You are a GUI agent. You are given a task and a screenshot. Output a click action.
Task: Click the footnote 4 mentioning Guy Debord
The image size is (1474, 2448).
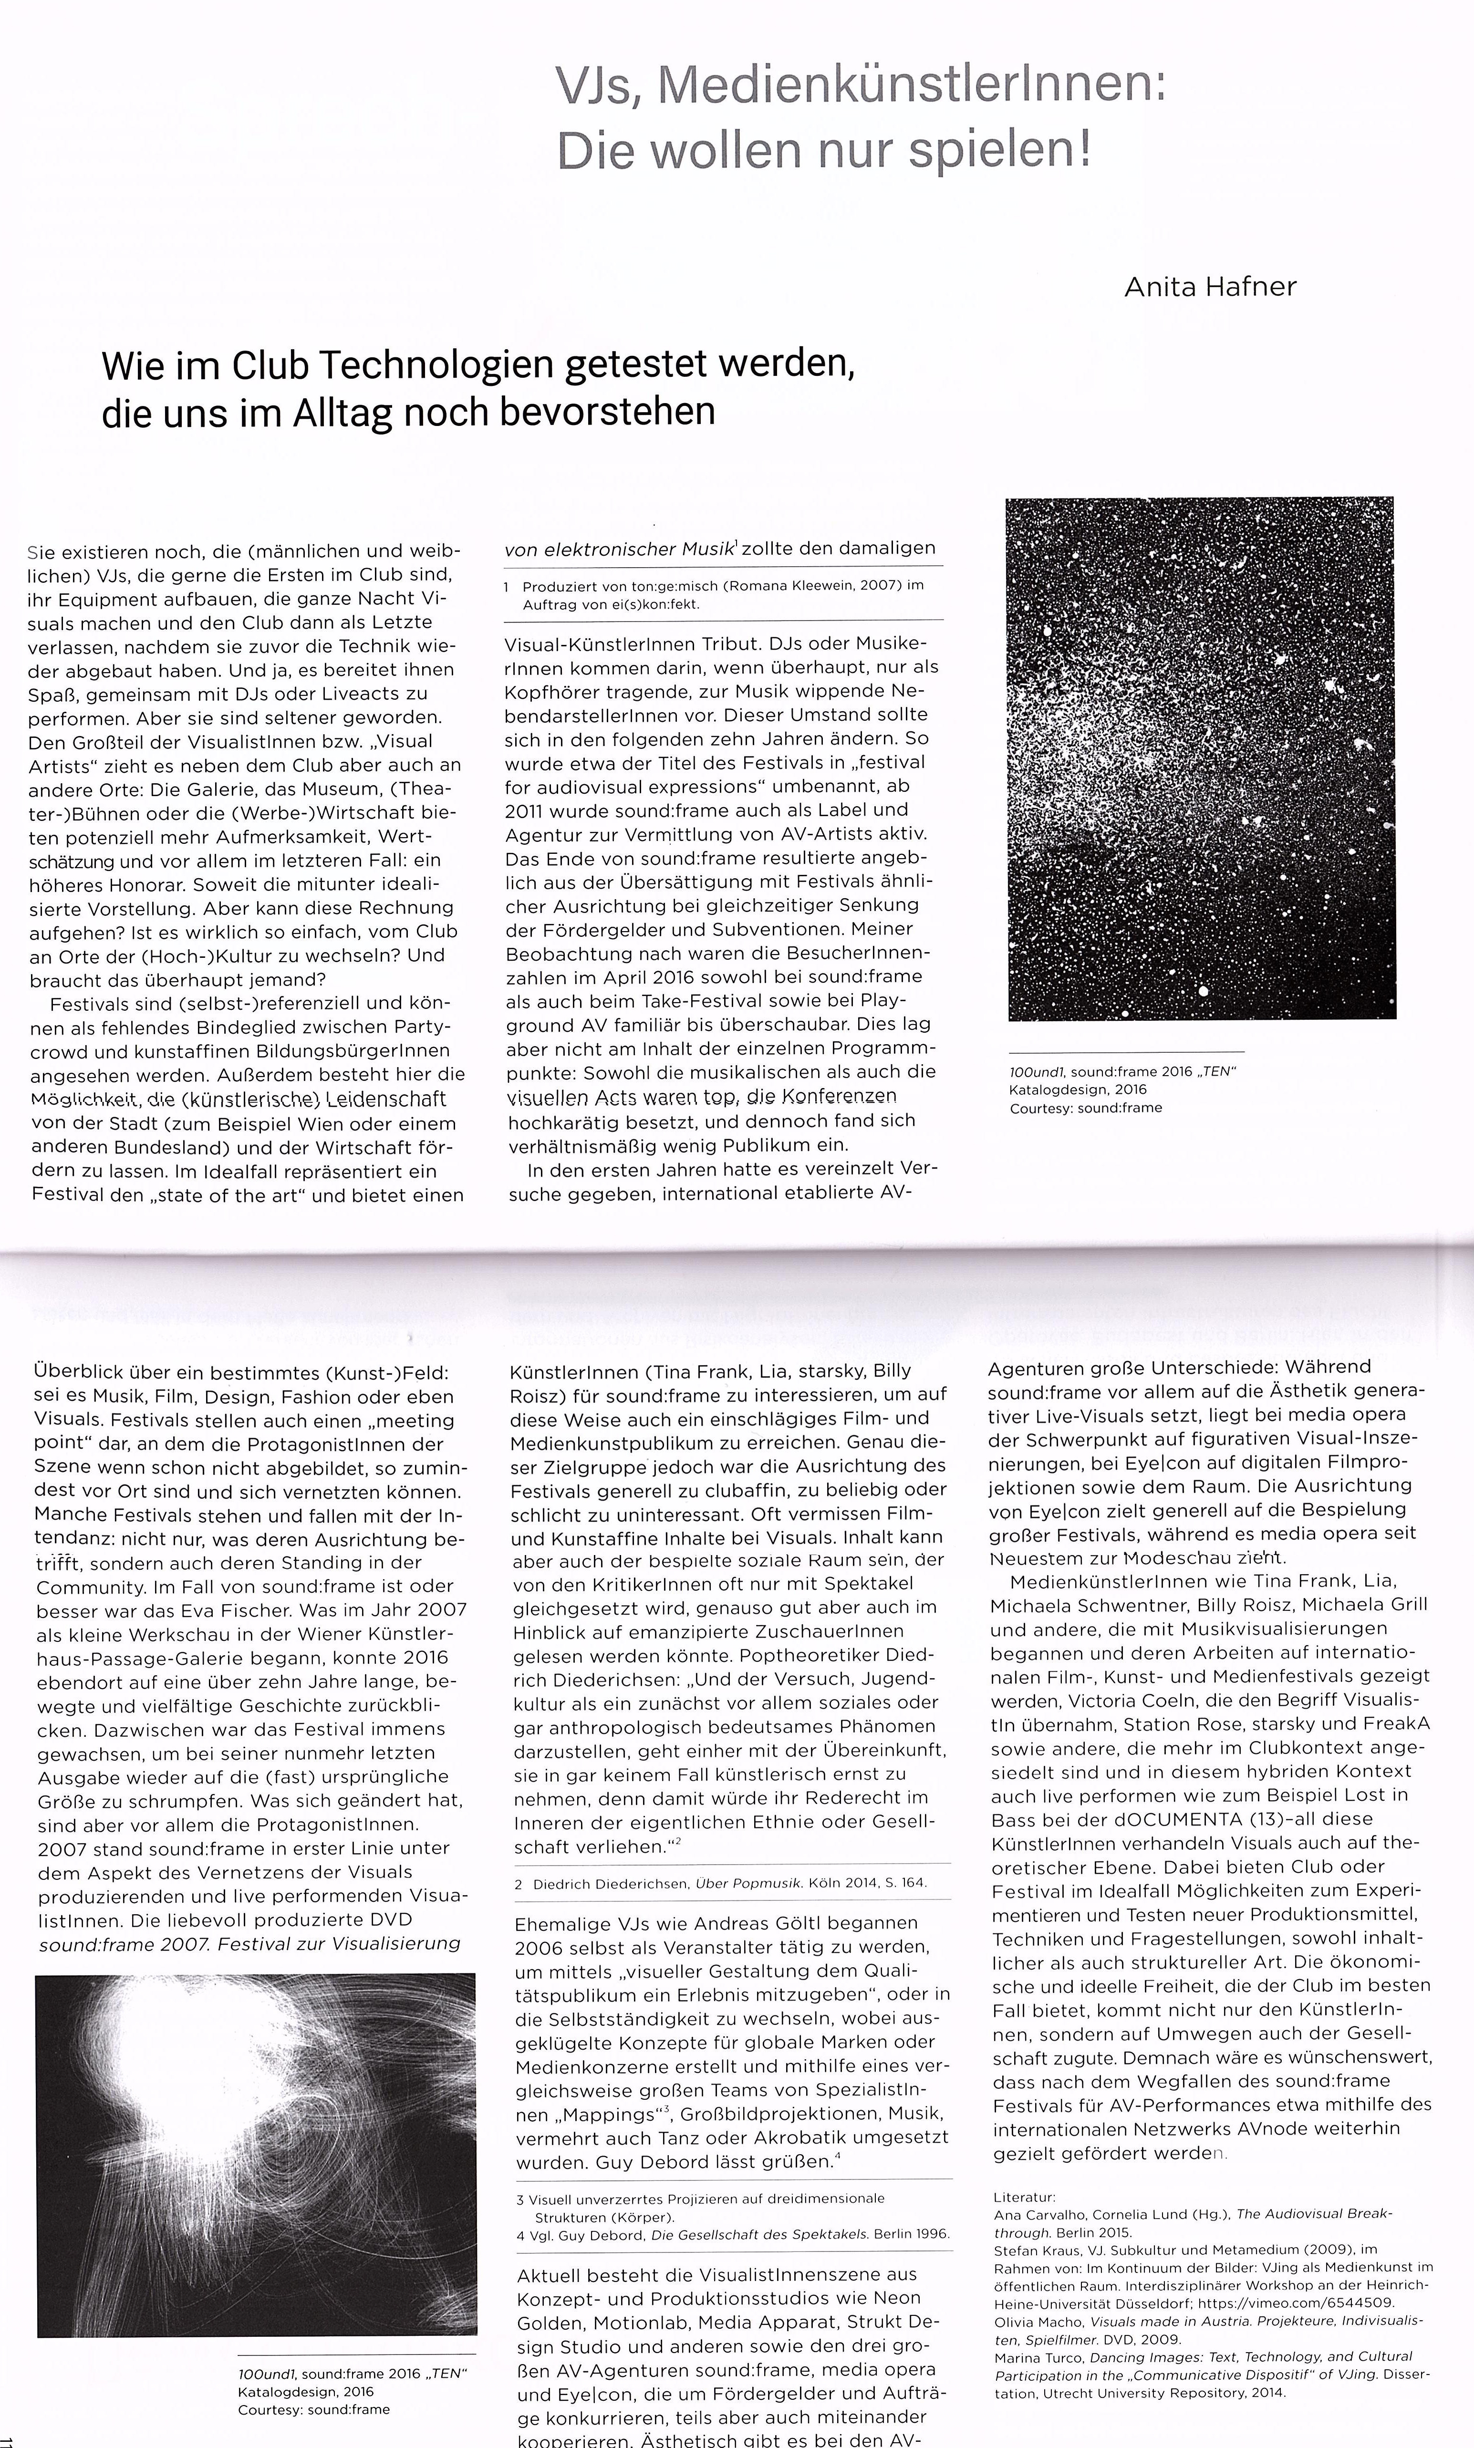(733, 2233)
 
